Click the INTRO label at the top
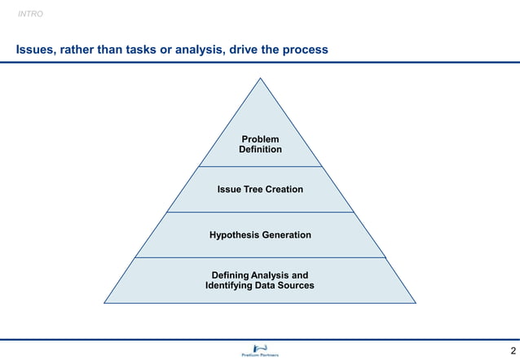[30, 14]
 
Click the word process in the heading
[305, 50]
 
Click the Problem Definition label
[260, 144]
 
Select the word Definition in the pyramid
[260, 150]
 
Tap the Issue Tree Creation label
[260, 190]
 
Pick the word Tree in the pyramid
[253, 190]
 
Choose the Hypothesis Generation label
[260, 235]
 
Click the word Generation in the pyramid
[286, 235]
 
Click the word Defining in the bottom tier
[231, 275]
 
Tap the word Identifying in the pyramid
[231, 286]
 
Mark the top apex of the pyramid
[260, 79]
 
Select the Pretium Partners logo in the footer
[260, 350]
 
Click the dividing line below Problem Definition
[260, 167]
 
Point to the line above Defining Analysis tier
[260, 257]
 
